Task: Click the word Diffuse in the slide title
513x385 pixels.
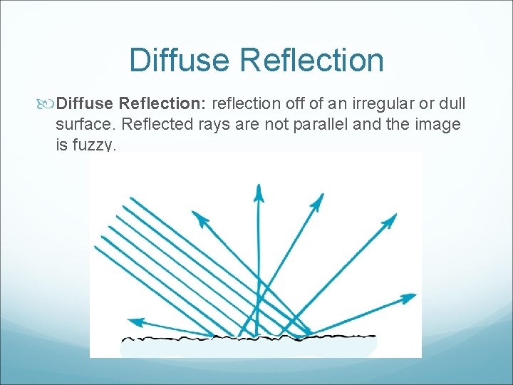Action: coord(180,60)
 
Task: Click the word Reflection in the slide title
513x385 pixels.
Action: coord(311,60)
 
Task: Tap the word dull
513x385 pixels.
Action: coord(451,104)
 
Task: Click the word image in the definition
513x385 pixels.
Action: coord(436,125)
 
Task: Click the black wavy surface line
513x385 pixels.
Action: coord(249,336)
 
